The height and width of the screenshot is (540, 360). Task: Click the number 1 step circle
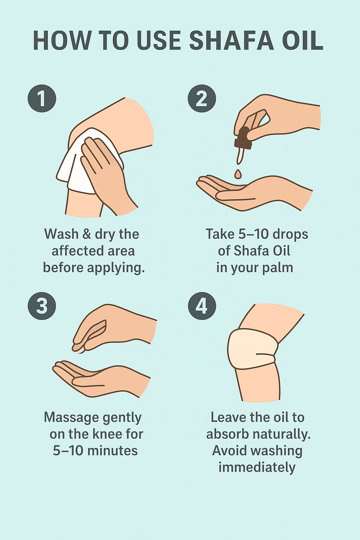(x=42, y=98)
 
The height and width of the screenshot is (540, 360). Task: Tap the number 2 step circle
(x=202, y=98)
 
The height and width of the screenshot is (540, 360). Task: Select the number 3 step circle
(x=42, y=306)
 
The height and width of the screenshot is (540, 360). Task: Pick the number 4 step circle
(x=202, y=306)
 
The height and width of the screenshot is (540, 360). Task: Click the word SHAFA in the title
(x=231, y=40)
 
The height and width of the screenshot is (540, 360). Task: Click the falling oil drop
(x=238, y=174)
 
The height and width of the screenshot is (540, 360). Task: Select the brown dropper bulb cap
(x=243, y=138)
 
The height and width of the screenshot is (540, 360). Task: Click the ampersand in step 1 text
(x=86, y=234)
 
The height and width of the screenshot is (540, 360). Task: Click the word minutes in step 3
(x=112, y=450)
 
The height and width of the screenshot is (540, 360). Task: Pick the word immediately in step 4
(x=257, y=468)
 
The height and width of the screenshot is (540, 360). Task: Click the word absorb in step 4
(x=227, y=434)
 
